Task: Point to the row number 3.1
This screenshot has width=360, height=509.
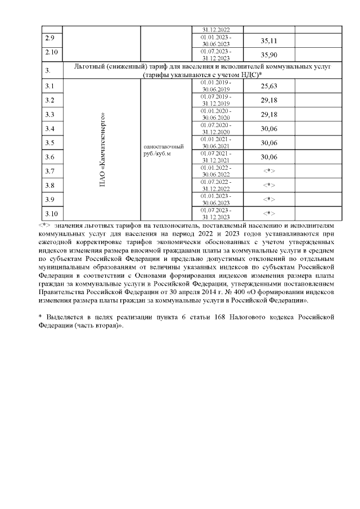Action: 49,86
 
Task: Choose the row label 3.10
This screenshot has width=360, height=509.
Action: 51,213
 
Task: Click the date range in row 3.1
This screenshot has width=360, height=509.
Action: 216,86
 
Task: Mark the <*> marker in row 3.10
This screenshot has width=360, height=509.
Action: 269,213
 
